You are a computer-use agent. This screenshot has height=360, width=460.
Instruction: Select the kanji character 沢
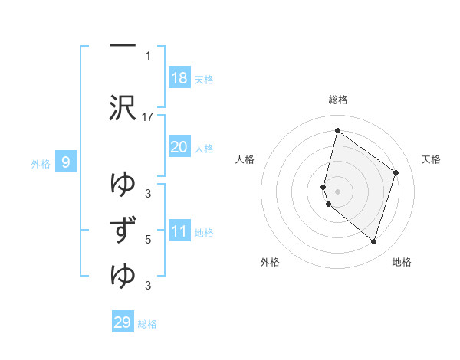(123, 107)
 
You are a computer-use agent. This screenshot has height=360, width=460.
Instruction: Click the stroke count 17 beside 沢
(148, 116)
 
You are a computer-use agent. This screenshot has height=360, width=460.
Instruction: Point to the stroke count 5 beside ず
(148, 239)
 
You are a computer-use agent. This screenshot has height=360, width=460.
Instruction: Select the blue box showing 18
(179, 78)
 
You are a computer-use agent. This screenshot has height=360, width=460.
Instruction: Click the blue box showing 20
(179, 147)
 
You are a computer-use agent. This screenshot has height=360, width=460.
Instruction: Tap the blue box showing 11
(179, 231)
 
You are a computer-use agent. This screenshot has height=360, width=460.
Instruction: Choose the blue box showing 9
(67, 162)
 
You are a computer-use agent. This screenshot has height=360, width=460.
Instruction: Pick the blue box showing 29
(123, 322)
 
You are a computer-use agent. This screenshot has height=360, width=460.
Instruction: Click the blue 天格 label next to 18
(204, 80)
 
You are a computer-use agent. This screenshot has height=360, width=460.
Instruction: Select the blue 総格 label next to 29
(147, 324)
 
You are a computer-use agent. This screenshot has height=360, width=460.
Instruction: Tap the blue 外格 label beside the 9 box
(41, 163)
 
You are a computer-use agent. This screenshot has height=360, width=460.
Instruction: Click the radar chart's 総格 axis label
(338, 100)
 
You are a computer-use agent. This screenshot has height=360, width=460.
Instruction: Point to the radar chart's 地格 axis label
(402, 262)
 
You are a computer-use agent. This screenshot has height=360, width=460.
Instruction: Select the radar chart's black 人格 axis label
(245, 159)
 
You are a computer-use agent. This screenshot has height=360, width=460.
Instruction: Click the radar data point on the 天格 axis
(396, 172)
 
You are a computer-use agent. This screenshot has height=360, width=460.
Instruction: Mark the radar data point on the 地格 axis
(373, 242)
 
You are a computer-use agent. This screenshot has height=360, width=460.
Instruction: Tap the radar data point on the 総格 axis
(337, 130)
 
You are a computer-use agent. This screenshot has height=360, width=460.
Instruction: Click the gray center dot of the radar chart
(337, 191)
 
